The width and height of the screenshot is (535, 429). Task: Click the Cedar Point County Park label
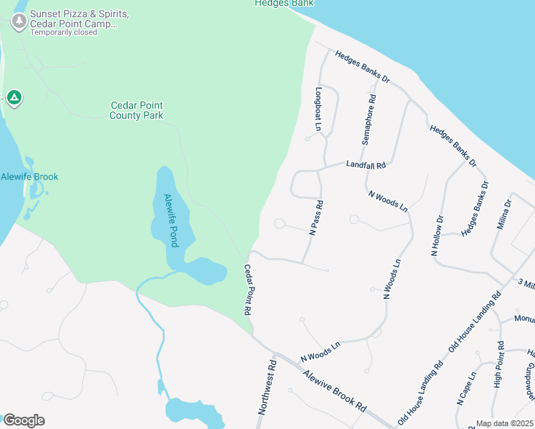tap(137, 110)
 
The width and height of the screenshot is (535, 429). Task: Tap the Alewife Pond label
tap(170, 221)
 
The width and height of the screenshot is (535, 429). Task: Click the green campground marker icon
tap(14, 98)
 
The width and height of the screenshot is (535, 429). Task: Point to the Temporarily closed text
tap(64, 32)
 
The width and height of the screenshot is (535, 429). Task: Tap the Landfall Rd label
tap(365, 165)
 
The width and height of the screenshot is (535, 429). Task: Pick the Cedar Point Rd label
tap(248, 290)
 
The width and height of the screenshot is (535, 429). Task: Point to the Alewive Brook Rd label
tap(335, 389)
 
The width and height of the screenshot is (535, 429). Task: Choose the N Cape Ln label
tap(466, 390)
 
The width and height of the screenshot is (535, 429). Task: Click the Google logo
tap(24, 420)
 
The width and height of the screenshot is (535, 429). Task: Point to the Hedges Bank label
tap(284, 4)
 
